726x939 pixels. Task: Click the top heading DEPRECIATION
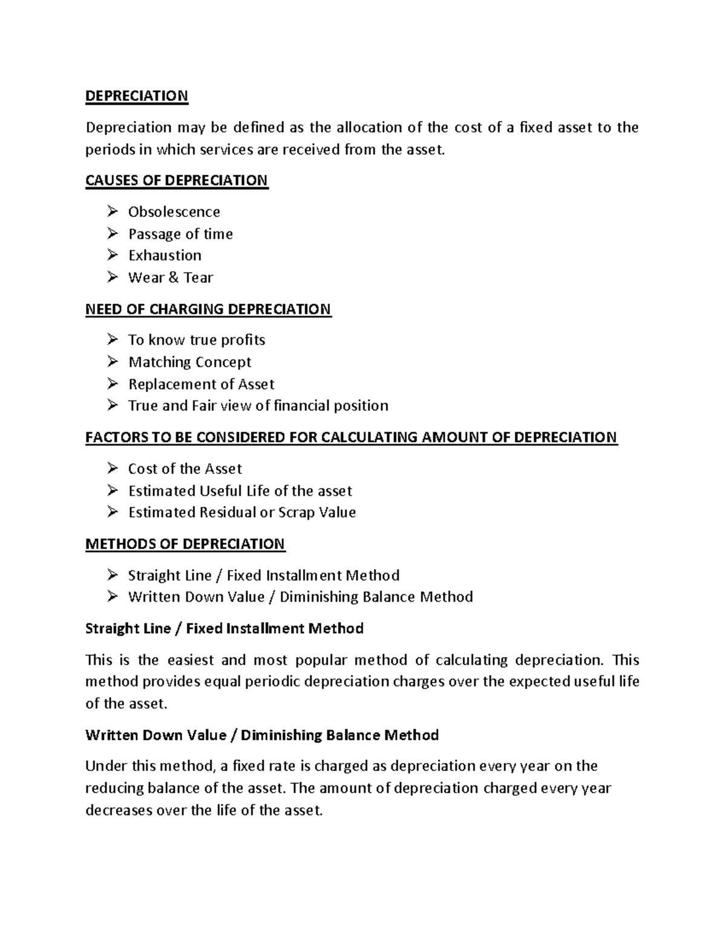click(x=137, y=96)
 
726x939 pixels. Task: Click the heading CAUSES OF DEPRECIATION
click(x=176, y=181)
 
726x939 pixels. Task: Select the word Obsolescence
click(x=174, y=212)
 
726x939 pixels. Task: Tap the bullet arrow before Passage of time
click(x=113, y=233)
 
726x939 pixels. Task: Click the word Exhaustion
click(x=165, y=256)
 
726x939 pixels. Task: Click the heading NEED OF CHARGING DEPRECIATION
click(x=208, y=310)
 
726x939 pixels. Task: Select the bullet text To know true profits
click(x=197, y=340)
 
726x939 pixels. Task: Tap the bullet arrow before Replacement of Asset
click(x=113, y=384)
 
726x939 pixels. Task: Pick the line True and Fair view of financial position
click(x=258, y=406)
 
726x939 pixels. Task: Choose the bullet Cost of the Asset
click(x=185, y=469)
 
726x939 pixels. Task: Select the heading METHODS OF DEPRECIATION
click(x=185, y=544)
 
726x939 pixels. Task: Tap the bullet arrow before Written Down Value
click(x=113, y=597)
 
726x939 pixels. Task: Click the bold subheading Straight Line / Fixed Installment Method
click(x=224, y=629)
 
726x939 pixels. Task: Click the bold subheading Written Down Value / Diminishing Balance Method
click(x=261, y=735)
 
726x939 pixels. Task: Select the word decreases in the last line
click(x=119, y=811)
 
